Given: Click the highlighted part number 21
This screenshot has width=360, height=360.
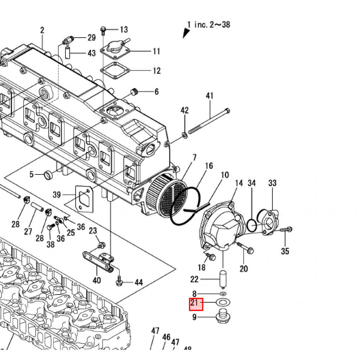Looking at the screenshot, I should tap(196, 304).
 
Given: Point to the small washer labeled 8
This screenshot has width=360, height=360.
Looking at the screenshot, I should tap(223, 293).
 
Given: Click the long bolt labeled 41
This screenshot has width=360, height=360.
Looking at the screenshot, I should tap(210, 121).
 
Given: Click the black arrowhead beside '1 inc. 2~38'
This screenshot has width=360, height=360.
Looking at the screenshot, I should tap(186, 33).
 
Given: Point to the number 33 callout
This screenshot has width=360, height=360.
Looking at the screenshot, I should tap(272, 183).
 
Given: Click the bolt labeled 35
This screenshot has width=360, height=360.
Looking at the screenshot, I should tap(286, 230).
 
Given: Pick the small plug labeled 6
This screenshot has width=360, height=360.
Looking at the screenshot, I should tap(134, 92).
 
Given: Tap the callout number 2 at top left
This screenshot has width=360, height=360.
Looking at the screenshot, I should tap(42, 30).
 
